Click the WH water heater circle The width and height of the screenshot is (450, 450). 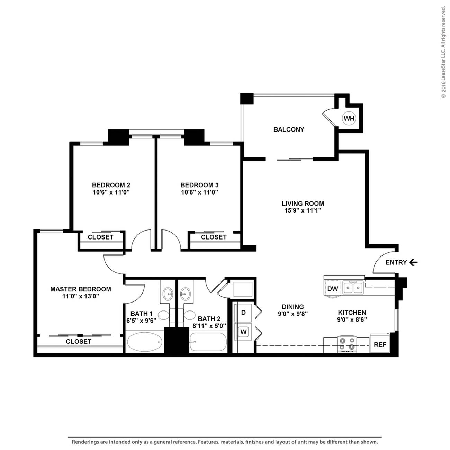(349, 118)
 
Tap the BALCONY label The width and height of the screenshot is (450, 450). (289, 129)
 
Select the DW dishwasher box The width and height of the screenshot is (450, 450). (333, 289)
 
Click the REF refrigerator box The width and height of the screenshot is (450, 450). (380, 344)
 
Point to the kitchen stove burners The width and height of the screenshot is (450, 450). (348, 344)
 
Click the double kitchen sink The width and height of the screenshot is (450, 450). (353, 287)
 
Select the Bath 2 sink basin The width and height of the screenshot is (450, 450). (186, 292)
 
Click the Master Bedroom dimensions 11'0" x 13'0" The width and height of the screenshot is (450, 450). (81, 296)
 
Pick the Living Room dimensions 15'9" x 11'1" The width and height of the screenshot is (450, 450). (303, 210)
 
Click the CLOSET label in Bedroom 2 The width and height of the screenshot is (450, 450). (100, 237)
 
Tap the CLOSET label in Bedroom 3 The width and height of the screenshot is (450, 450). (214, 237)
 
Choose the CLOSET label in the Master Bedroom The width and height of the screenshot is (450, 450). (79, 341)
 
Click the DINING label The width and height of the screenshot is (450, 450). (292, 307)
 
